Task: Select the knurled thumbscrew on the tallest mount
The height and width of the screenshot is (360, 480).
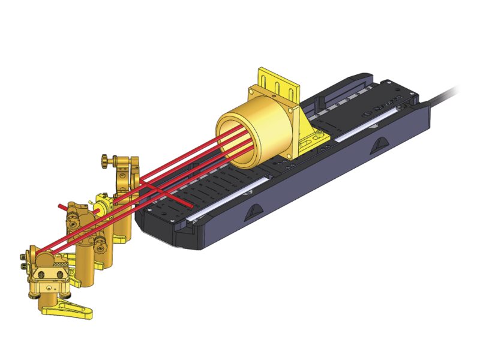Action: [106, 160]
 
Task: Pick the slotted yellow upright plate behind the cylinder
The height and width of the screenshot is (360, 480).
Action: [278, 84]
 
